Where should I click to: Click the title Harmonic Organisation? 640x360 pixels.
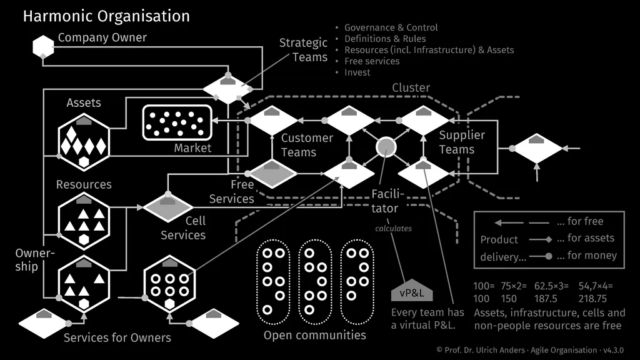click(106, 16)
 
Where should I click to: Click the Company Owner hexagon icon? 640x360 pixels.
click(43, 47)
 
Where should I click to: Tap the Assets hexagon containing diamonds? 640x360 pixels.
click(84, 142)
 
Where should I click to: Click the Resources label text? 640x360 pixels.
click(84, 184)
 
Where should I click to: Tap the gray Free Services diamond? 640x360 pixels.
click(272, 174)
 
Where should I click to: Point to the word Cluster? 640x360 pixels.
click(411, 87)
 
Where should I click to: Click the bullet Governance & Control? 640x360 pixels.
click(391, 27)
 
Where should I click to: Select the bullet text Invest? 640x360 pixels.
click(357, 72)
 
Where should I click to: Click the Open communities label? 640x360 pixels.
click(314, 336)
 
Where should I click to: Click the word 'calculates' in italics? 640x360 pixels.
click(393, 228)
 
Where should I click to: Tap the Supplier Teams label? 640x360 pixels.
click(461, 142)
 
